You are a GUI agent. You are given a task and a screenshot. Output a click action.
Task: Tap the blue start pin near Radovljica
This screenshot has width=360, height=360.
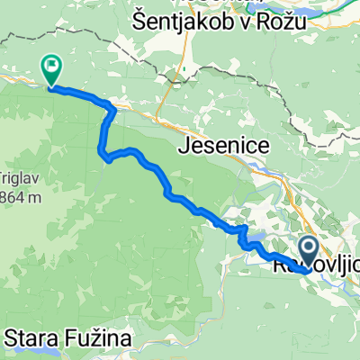click(x=307, y=249)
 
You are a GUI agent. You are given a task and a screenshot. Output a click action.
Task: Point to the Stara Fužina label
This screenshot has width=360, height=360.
click(x=68, y=338)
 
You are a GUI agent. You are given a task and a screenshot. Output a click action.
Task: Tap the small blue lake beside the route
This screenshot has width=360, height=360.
click(x=254, y=244)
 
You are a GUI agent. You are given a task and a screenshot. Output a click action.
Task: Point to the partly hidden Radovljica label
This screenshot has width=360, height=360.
click(x=315, y=266)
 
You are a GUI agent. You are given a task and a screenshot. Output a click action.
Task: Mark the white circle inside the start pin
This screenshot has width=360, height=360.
click(x=307, y=245)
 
